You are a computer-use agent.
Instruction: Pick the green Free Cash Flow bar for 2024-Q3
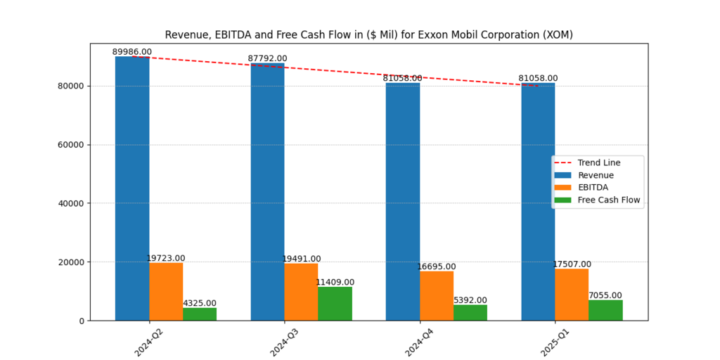point(335,304)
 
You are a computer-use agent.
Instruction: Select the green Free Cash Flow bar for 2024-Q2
point(200,314)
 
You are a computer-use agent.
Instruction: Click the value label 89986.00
point(132,52)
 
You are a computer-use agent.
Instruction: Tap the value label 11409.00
point(335,282)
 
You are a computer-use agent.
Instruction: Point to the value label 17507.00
point(572,264)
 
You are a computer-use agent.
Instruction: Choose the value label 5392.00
point(470,300)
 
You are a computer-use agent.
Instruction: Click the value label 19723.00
point(166,258)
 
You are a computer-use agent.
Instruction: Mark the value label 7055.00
point(605,295)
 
